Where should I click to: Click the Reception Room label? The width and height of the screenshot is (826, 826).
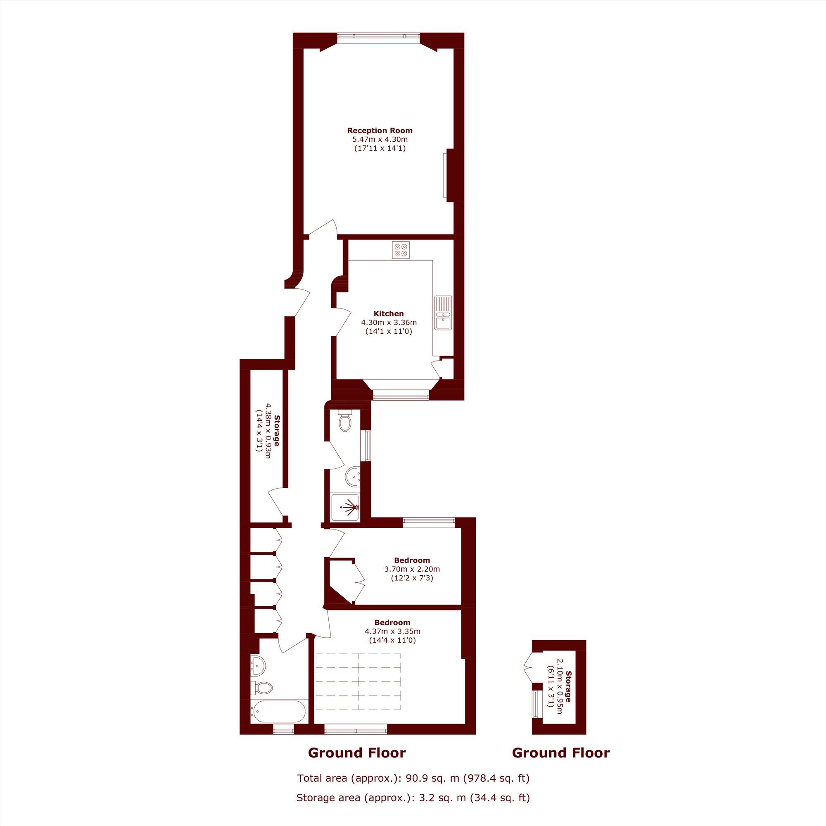[380, 131]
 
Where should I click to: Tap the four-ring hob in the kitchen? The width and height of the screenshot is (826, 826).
[401, 250]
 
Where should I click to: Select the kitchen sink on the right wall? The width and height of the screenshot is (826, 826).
[443, 313]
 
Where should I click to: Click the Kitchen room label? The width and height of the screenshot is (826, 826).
[389, 313]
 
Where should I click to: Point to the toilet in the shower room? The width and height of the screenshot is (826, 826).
[344, 420]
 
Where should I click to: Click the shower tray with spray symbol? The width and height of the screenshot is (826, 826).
[345, 508]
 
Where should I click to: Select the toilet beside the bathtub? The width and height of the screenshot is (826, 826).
[262, 688]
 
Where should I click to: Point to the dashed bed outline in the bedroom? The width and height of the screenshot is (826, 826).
[358, 681]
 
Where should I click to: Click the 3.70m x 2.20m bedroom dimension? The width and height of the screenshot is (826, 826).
[412, 569]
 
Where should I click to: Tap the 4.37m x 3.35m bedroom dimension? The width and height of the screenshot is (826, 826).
[392, 631]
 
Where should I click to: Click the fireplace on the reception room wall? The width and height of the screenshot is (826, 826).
[448, 175]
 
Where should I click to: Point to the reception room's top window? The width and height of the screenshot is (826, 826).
[378, 38]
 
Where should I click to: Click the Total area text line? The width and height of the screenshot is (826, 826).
[413, 778]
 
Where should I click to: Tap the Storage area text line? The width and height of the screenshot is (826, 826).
[413, 798]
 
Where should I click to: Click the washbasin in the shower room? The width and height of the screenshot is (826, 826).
[353, 477]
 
